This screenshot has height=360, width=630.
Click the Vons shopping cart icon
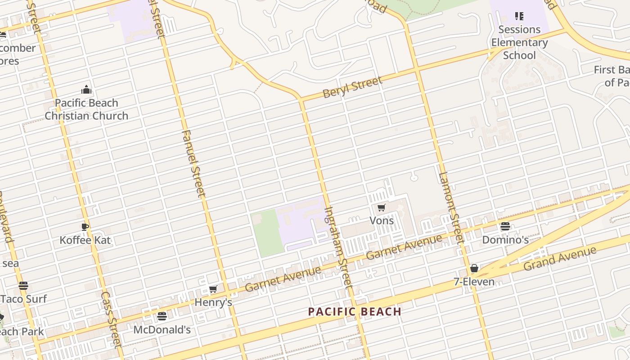pos(382,207)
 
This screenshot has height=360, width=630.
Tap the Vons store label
pos(382,220)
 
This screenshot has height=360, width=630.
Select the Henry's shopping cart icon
pos(213,289)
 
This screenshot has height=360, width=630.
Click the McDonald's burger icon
pos(162,316)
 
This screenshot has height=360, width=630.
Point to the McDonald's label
pos(162,330)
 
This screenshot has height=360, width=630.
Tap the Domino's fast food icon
pos(505,226)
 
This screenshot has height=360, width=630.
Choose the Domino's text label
pos(505,240)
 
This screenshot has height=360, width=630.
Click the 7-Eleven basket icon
pos(474,269)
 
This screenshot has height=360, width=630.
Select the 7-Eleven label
pos(474,282)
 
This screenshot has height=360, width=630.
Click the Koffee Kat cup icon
pos(85,226)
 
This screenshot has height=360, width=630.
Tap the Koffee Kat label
pos(85,240)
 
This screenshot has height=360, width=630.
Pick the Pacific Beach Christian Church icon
pos(86,90)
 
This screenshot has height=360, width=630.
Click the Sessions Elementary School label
pos(519,42)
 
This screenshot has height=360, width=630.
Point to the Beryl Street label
pos(353,87)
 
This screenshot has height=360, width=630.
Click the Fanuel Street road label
pos(194,164)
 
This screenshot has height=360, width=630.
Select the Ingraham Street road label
pos(337,247)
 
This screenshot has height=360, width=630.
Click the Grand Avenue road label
pos(560,259)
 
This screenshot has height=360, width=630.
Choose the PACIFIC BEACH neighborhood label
pos(355,311)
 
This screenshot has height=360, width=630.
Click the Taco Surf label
pos(23,299)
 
